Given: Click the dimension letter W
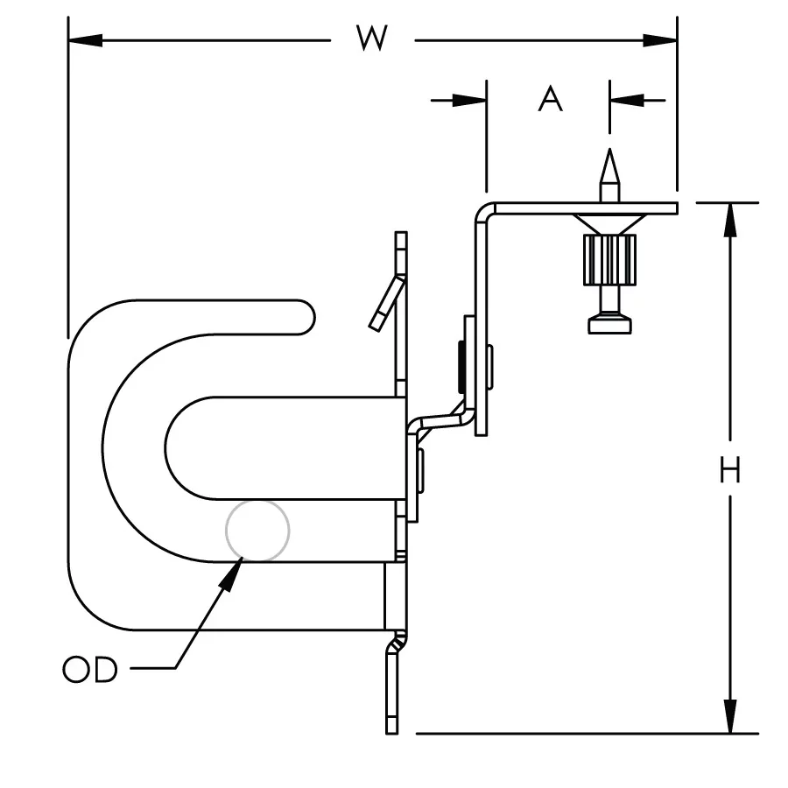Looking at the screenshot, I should click(371, 39).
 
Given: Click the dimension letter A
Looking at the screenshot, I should click(550, 100).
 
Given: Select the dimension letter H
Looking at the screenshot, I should click(729, 471).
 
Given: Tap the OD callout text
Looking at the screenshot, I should click(89, 671).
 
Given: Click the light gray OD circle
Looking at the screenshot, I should click(257, 531).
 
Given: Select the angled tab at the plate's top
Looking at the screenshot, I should click(386, 303).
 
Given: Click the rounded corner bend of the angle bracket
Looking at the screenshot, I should click(483, 213).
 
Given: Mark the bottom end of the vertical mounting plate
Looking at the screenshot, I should click(391, 727).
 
